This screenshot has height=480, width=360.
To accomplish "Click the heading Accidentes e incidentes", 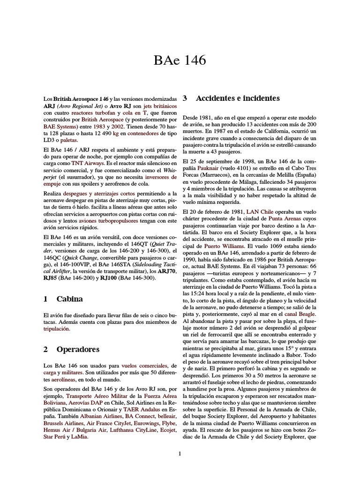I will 238,98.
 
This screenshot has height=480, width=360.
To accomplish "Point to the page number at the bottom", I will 180,453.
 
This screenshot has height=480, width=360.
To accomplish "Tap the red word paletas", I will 69,140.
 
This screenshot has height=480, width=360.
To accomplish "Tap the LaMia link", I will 80,437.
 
